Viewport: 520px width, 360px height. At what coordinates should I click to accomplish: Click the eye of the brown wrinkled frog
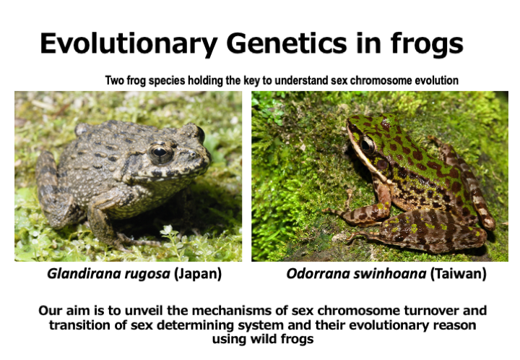tap(160, 153)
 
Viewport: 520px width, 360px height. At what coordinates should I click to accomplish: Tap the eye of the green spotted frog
tap(367, 145)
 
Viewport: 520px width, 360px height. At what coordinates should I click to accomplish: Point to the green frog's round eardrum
tap(382, 164)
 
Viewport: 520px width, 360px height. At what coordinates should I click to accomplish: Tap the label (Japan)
tap(198, 275)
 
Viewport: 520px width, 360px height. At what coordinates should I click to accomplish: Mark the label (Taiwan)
tap(459, 275)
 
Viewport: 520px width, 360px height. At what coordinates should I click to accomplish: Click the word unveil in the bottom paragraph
tap(144, 311)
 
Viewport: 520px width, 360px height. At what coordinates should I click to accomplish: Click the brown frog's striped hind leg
tap(53, 190)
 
